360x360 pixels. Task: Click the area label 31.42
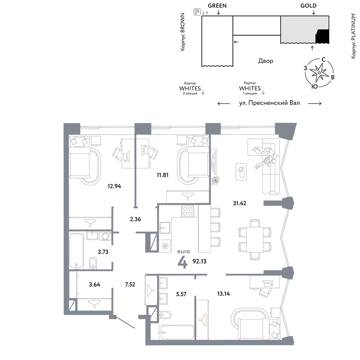point(239,203)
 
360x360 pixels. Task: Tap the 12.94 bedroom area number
point(114,186)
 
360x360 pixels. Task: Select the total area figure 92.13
point(199,261)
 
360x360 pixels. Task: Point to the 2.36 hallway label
point(135,219)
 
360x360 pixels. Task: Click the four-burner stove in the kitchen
point(188,211)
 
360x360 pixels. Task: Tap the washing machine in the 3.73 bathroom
point(105,236)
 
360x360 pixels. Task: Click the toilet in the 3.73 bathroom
point(93,263)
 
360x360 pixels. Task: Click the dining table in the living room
point(255,239)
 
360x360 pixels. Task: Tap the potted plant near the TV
point(216,180)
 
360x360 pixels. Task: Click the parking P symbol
point(197,12)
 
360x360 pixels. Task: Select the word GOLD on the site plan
point(309,6)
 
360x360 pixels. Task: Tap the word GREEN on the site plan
point(217,6)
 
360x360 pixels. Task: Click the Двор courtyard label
point(266,61)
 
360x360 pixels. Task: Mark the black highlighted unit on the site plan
point(322,36)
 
